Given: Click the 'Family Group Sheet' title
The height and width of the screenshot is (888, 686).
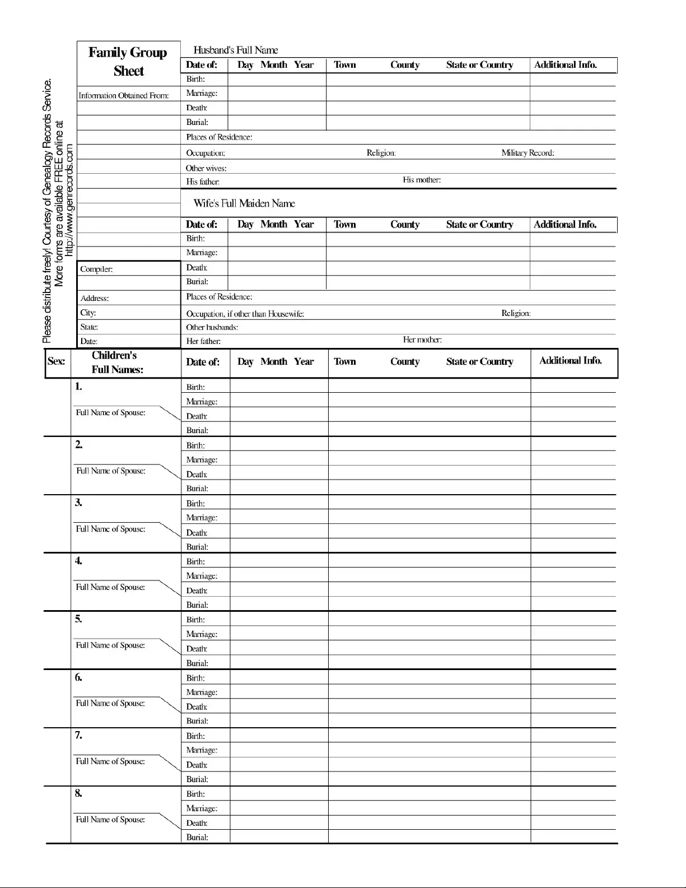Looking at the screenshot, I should (128, 62).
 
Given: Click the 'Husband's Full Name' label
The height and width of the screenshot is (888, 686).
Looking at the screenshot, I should (235, 50).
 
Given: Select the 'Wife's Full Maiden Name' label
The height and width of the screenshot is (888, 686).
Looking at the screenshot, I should (244, 203).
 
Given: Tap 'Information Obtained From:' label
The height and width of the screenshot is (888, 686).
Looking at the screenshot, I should (123, 95).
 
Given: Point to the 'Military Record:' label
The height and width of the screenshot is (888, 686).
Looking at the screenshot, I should (528, 153).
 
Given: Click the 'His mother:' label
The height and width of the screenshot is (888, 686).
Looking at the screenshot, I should (422, 180).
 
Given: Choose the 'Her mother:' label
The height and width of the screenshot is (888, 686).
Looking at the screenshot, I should (422, 340).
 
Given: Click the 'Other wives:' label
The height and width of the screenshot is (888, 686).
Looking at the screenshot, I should (206, 168).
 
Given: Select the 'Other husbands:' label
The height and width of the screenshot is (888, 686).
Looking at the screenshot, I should (212, 327).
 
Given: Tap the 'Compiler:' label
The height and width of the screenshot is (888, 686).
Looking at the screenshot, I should (96, 269).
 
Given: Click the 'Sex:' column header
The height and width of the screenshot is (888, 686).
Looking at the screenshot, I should (56, 361).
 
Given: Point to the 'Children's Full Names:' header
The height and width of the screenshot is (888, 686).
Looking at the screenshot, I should (115, 362).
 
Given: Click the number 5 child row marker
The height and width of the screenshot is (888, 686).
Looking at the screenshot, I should (78, 619).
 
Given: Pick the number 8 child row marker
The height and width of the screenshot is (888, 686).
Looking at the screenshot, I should (78, 793).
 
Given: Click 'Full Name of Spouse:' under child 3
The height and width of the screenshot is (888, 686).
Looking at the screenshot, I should (110, 529).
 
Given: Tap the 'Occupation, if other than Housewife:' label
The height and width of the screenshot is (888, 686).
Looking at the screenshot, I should (245, 314).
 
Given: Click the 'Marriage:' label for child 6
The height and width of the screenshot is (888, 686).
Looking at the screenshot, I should (202, 692).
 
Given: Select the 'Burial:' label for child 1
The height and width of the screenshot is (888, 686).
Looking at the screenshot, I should (197, 430).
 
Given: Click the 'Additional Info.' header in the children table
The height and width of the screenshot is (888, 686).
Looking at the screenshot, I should (570, 361).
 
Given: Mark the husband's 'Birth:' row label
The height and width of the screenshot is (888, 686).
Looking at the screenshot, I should (195, 79).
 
